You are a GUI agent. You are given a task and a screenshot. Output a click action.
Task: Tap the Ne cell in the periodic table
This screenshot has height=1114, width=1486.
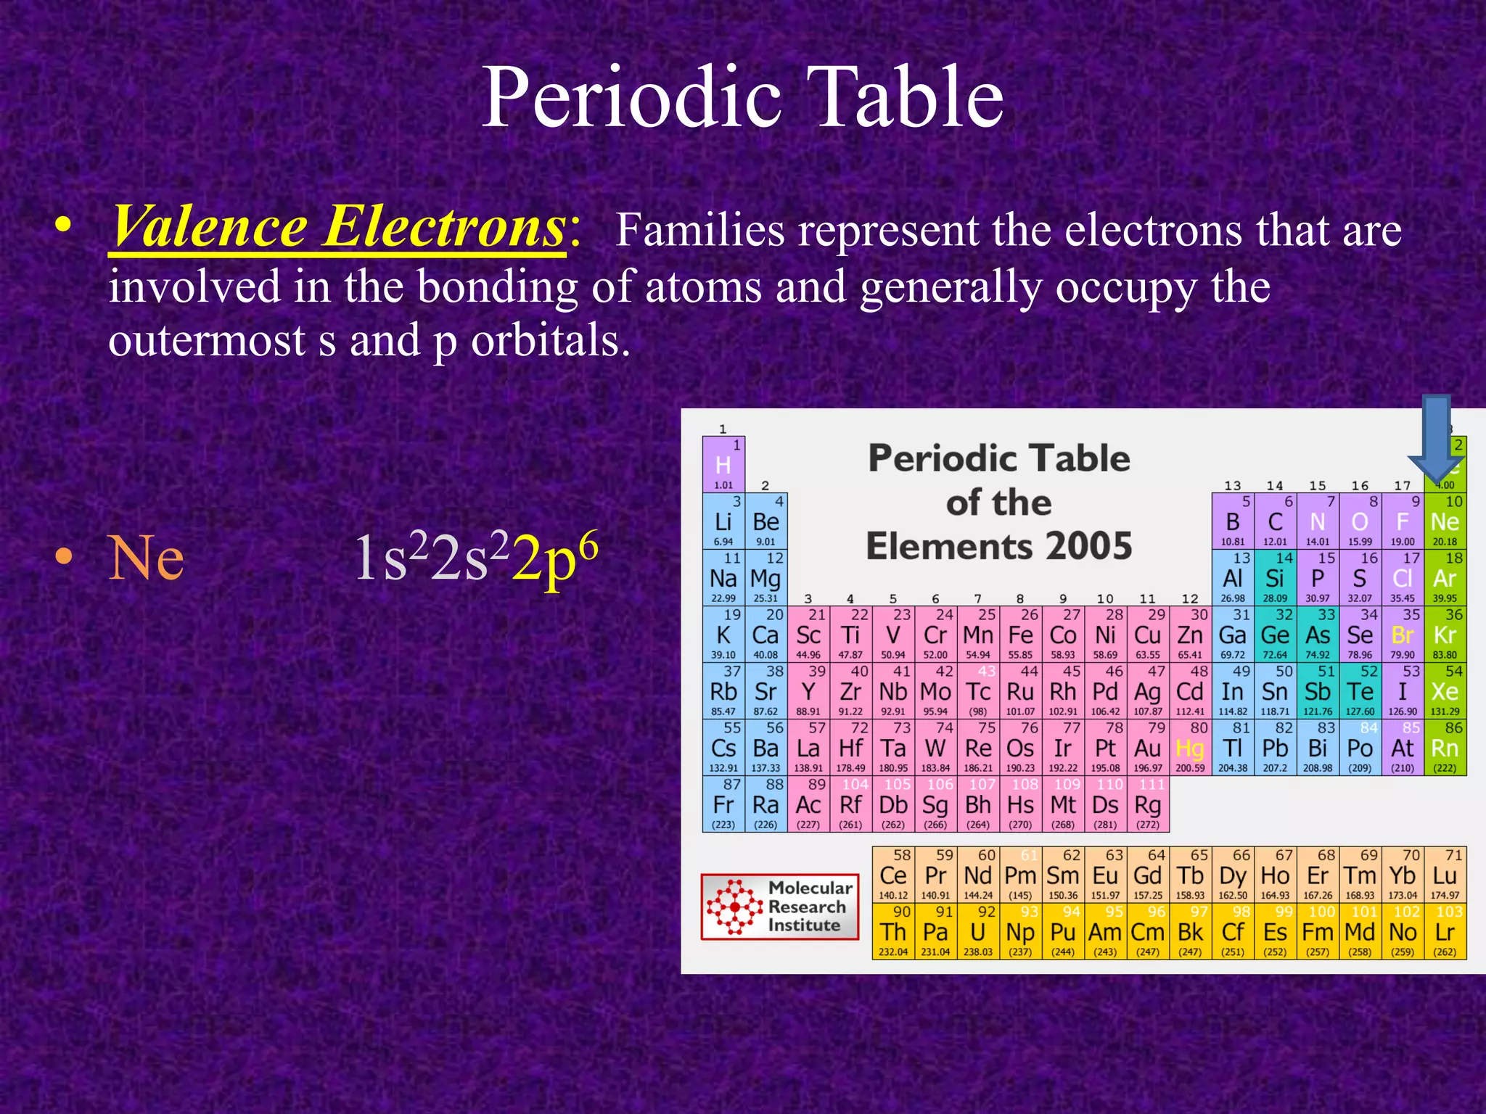click(x=1445, y=521)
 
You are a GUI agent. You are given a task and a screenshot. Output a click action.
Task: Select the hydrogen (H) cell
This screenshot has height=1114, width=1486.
click(x=723, y=465)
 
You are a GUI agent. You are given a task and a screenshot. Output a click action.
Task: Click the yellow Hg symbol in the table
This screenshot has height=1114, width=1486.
click(x=1190, y=748)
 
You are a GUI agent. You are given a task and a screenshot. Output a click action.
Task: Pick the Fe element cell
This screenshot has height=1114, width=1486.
click(x=1020, y=635)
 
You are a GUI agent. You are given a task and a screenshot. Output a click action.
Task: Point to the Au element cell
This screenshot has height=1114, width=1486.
click(x=1148, y=748)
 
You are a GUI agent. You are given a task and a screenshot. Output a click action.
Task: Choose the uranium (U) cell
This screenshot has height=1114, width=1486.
click(x=977, y=932)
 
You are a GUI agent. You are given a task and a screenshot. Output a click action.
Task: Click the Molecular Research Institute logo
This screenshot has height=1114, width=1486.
click(x=780, y=907)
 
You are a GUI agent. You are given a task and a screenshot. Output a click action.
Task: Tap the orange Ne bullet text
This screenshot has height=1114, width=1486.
click(x=146, y=558)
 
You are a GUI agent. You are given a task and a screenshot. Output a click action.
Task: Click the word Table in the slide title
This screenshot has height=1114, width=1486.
click(x=910, y=97)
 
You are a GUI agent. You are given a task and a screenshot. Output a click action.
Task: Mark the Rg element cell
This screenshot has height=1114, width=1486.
click(x=1148, y=804)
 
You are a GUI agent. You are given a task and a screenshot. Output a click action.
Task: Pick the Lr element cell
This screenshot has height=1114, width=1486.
click(x=1445, y=932)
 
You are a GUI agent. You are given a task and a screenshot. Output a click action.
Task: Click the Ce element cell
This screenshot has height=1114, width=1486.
click(x=893, y=875)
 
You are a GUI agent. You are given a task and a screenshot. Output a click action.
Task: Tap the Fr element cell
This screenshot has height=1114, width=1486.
click(x=723, y=804)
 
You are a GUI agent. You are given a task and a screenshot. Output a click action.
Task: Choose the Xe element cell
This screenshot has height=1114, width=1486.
click(x=1445, y=691)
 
